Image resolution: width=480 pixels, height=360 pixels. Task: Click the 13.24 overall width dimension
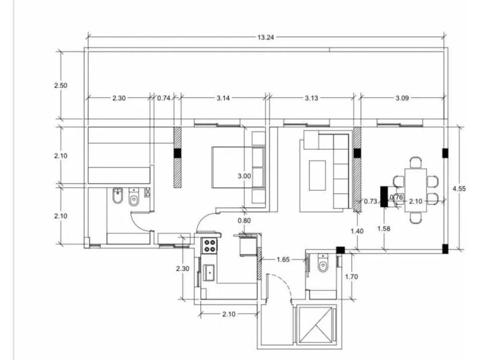tap(265, 37)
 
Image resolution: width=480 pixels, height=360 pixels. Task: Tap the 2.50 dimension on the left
tap(61, 85)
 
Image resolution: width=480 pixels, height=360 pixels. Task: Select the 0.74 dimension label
tap(163, 98)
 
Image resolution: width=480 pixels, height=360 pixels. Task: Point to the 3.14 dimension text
tap(223, 98)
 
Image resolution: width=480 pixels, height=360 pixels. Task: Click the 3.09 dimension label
tap(402, 98)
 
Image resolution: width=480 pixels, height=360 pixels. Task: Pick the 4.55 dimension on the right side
tap(459, 189)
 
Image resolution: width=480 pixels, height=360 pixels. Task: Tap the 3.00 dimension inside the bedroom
tap(244, 176)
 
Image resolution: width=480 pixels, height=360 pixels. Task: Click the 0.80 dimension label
tap(244, 221)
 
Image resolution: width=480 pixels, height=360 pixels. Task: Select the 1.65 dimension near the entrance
tap(283, 259)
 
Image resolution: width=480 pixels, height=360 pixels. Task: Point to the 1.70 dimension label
tap(351, 277)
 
